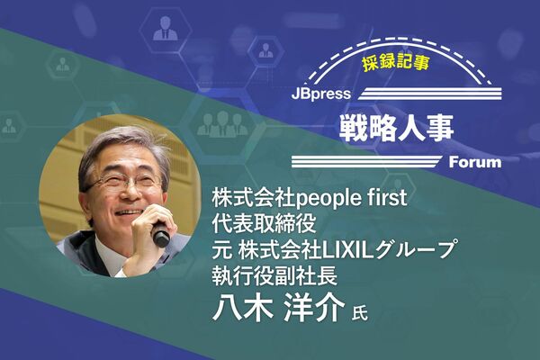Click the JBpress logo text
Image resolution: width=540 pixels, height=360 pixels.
(x=321, y=94)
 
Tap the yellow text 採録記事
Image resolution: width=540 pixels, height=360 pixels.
(x=395, y=63)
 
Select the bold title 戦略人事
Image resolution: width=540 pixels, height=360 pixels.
(x=396, y=128)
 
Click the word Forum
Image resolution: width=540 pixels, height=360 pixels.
(x=475, y=162)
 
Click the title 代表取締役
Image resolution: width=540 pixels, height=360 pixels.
(x=264, y=223)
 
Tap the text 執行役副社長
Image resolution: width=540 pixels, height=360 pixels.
(x=274, y=274)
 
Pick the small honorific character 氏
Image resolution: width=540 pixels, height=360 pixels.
(x=359, y=312)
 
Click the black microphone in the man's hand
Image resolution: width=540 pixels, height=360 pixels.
(x=160, y=234)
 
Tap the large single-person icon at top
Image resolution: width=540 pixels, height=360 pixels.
(x=166, y=28)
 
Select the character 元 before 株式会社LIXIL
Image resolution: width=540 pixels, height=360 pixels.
(x=221, y=249)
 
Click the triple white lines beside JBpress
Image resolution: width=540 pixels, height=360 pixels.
(x=429, y=94)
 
